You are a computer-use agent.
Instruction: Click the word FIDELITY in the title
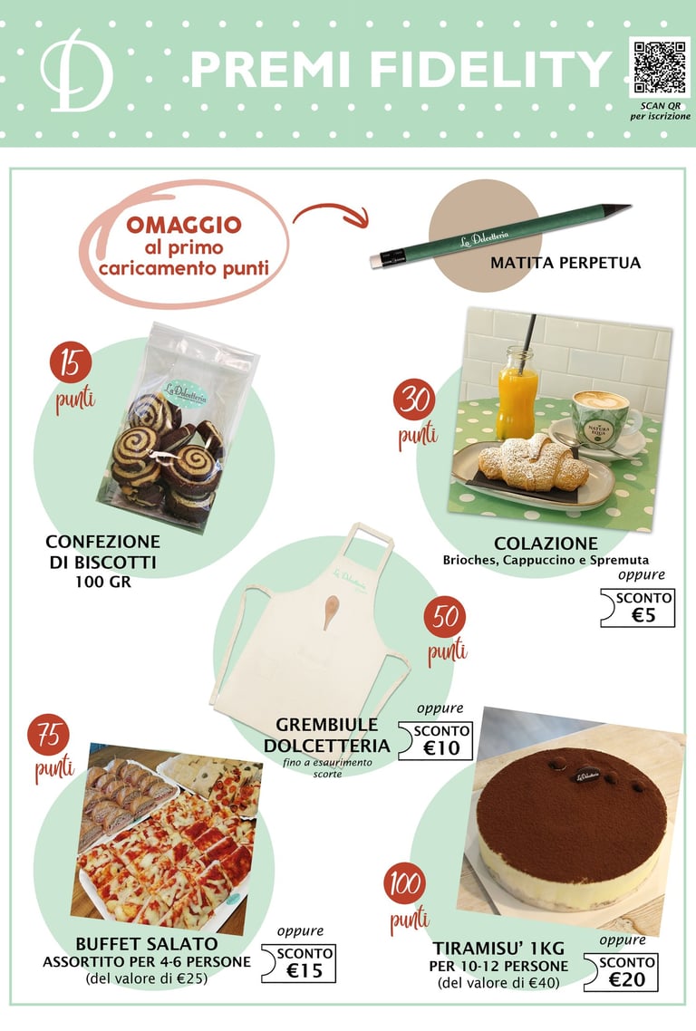tap(491, 69)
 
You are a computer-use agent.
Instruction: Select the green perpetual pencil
tap(500, 236)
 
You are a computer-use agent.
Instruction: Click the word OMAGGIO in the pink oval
tap(184, 225)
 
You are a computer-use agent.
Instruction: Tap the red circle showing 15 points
tap(71, 362)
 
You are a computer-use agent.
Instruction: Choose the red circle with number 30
tap(414, 400)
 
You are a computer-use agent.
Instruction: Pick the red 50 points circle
tap(445, 617)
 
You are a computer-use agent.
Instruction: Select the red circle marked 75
tap(49, 735)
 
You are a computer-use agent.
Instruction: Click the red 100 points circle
tap(405, 883)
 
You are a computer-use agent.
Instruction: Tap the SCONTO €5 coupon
tap(638, 608)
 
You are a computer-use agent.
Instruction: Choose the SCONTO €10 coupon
tap(436, 741)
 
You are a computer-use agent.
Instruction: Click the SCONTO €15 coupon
tap(299, 963)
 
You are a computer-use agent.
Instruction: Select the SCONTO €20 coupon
tap(621, 972)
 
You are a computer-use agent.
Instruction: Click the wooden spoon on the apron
tap(331, 611)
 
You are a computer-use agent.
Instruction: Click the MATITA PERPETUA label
tap(565, 263)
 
